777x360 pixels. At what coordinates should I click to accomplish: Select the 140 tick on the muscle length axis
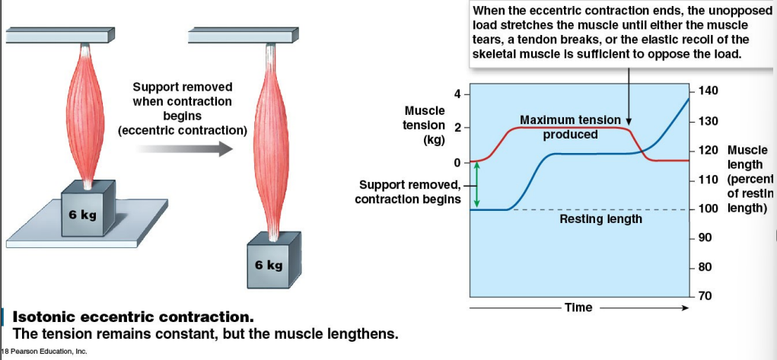click(707, 91)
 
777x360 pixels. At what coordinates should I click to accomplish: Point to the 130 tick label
click(707, 122)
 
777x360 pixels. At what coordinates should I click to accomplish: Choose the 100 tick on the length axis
click(707, 209)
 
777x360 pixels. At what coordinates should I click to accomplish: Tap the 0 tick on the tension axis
click(457, 162)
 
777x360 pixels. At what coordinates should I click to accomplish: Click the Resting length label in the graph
click(600, 219)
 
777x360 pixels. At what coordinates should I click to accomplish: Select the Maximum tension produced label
click(570, 127)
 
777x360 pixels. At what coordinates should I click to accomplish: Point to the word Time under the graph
click(578, 307)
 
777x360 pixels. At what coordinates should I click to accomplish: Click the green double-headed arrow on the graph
click(476, 183)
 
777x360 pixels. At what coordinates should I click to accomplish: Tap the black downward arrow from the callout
click(629, 95)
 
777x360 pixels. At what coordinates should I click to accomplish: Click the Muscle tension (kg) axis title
click(424, 125)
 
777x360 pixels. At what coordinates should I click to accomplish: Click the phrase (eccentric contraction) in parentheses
click(183, 130)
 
